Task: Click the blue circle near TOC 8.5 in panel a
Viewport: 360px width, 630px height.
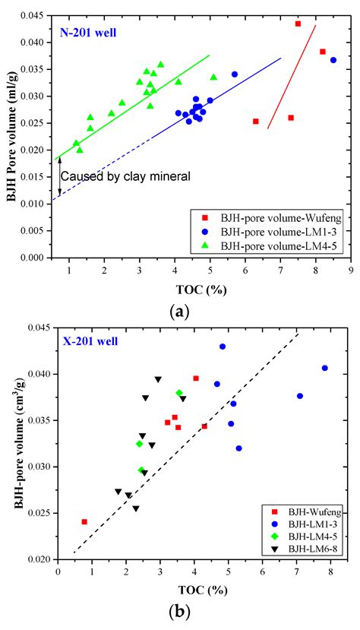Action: [333, 60]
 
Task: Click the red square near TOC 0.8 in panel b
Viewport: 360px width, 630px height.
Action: [84, 522]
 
